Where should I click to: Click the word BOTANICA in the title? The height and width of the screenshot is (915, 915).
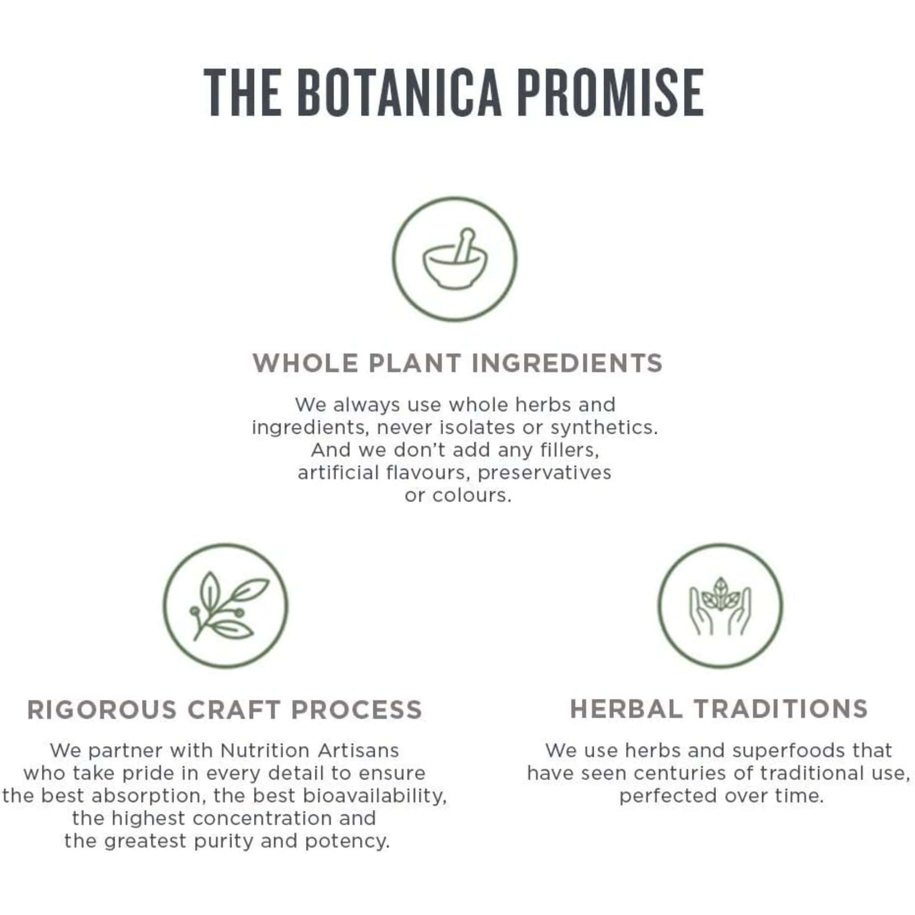(x=400, y=92)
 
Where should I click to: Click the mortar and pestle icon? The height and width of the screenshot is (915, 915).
(x=455, y=260)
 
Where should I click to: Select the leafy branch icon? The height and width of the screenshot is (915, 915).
(x=226, y=606)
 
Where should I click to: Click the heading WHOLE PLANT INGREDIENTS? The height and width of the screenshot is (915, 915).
(x=457, y=363)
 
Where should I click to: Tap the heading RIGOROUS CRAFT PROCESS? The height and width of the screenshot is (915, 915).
(x=224, y=710)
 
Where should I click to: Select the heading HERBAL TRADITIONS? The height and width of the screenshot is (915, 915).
(x=719, y=709)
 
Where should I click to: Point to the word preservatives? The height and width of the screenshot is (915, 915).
(x=544, y=473)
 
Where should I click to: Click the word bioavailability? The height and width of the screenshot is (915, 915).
(x=375, y=796)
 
